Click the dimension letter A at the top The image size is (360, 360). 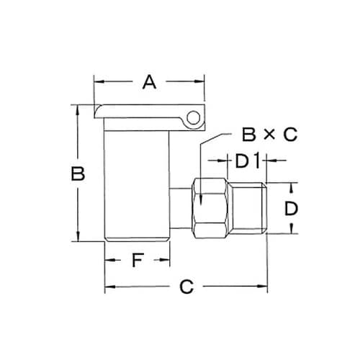tap(149, 82)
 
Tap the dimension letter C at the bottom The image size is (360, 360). tap(186, 287)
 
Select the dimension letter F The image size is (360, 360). tap(137, 261)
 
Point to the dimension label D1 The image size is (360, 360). tap(247, 160)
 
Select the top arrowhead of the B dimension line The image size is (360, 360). tap(78, 109)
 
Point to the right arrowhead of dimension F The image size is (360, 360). tap(166, 261)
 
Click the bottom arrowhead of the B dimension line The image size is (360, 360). tap(78, 239)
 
